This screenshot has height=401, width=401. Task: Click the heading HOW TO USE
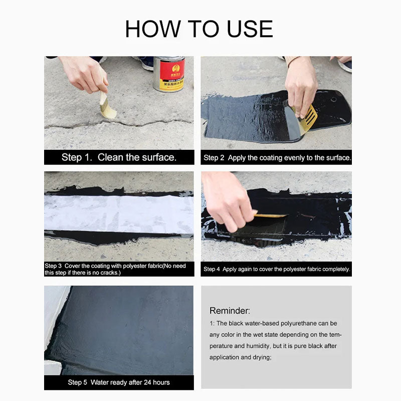(199, 29)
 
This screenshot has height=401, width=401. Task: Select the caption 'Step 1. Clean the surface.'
(119, 157)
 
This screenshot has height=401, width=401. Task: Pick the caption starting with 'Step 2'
(277, 157)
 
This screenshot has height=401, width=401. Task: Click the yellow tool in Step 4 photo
(271, 215)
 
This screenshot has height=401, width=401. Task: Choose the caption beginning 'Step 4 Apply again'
(277, 269)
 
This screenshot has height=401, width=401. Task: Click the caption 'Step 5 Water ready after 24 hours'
(119, 382)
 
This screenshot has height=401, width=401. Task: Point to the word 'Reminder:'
(230, 311)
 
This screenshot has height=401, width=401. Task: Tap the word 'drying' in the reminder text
(260, 357)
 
